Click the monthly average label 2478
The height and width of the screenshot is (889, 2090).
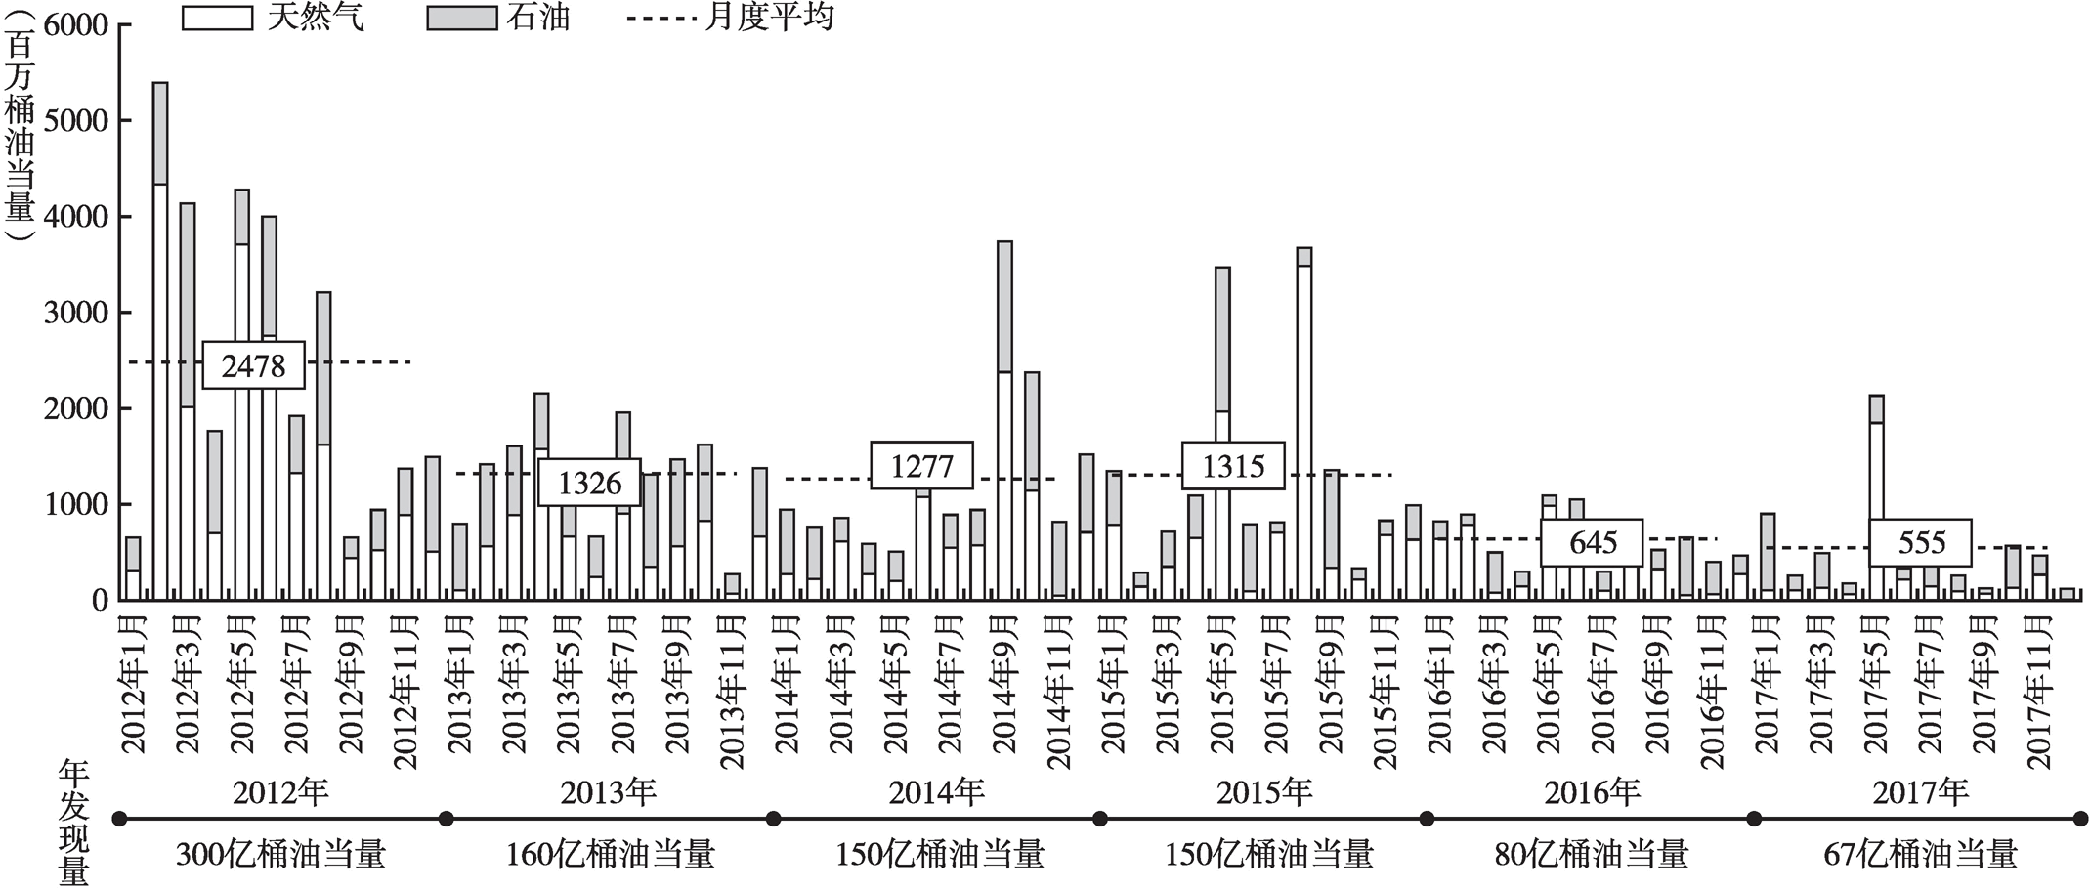pyautogui.click(x=253, y=365)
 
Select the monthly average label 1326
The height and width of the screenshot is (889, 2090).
pyautogui.click(x=589, y=483)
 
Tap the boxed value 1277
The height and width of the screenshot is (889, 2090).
pyautogui.click(x=921, y=466)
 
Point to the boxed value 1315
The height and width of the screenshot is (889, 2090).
pyautogui.click(x=1232, y=466)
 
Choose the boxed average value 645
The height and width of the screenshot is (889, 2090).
pyautogui.click(x=1593, y=542)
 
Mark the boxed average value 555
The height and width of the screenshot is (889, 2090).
pyautogui.click(x=1921, y=542)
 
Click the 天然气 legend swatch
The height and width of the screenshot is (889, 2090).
pyautogui.click(x=217, y=18)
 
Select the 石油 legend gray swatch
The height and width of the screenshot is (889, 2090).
pyautogui.click(x=461, y=18)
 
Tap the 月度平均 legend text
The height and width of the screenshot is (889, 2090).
pyautogui.click(x=770, y=17)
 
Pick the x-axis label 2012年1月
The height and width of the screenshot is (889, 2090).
pyautogui.click(x=133, y=684)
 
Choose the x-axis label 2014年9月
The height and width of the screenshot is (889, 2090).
pyautogui.click(x=1004, y=684)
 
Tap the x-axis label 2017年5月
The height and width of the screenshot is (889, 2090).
pyautogui.click(x=1876, y=684)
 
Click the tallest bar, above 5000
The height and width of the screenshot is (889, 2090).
pyautogui.click(x=160, y=342)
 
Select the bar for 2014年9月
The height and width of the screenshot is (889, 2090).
pyautogui.click(x=1004, y=420)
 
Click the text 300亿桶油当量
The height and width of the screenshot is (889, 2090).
pyautogui.click(x=280, y=855)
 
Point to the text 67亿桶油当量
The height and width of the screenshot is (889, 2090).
pyautogui.click(x=1920, y=855)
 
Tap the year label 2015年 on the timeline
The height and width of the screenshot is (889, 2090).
pyautogui.click(x=1264, y=792)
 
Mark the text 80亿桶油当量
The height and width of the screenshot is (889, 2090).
pyautogui.click(x=1592, y=855)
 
